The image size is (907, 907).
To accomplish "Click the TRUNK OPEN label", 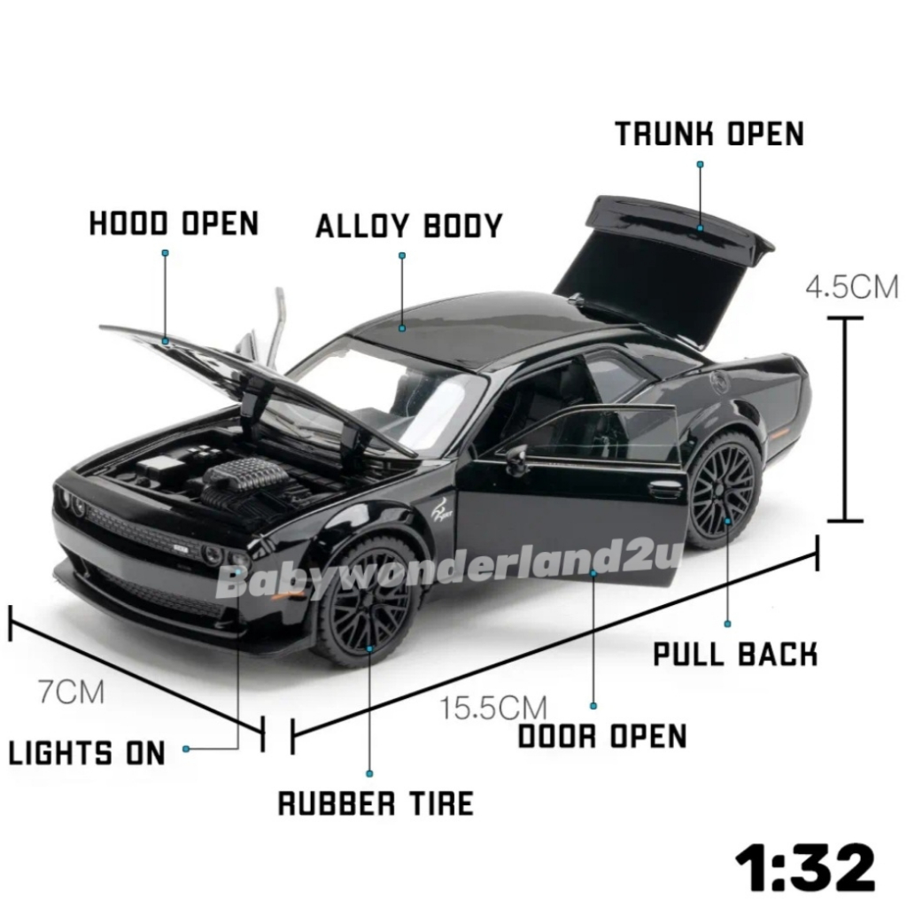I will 709,134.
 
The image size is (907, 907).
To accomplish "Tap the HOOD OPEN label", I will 174,223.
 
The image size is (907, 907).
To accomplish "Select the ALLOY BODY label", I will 408,226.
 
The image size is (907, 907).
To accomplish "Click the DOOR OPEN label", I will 602,735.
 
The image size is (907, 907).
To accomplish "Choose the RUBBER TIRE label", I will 376,802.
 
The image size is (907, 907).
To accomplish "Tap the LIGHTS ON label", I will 87,753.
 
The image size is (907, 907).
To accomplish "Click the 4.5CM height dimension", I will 851,287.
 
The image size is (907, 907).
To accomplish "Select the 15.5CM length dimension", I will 493,708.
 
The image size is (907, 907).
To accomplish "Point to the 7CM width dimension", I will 71,691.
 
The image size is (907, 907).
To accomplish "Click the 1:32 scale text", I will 804,867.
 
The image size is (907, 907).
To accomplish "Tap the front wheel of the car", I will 367,603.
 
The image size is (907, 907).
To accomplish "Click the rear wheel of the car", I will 724,489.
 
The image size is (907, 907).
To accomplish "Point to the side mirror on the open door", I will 516,458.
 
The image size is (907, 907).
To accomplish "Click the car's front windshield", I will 390,390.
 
